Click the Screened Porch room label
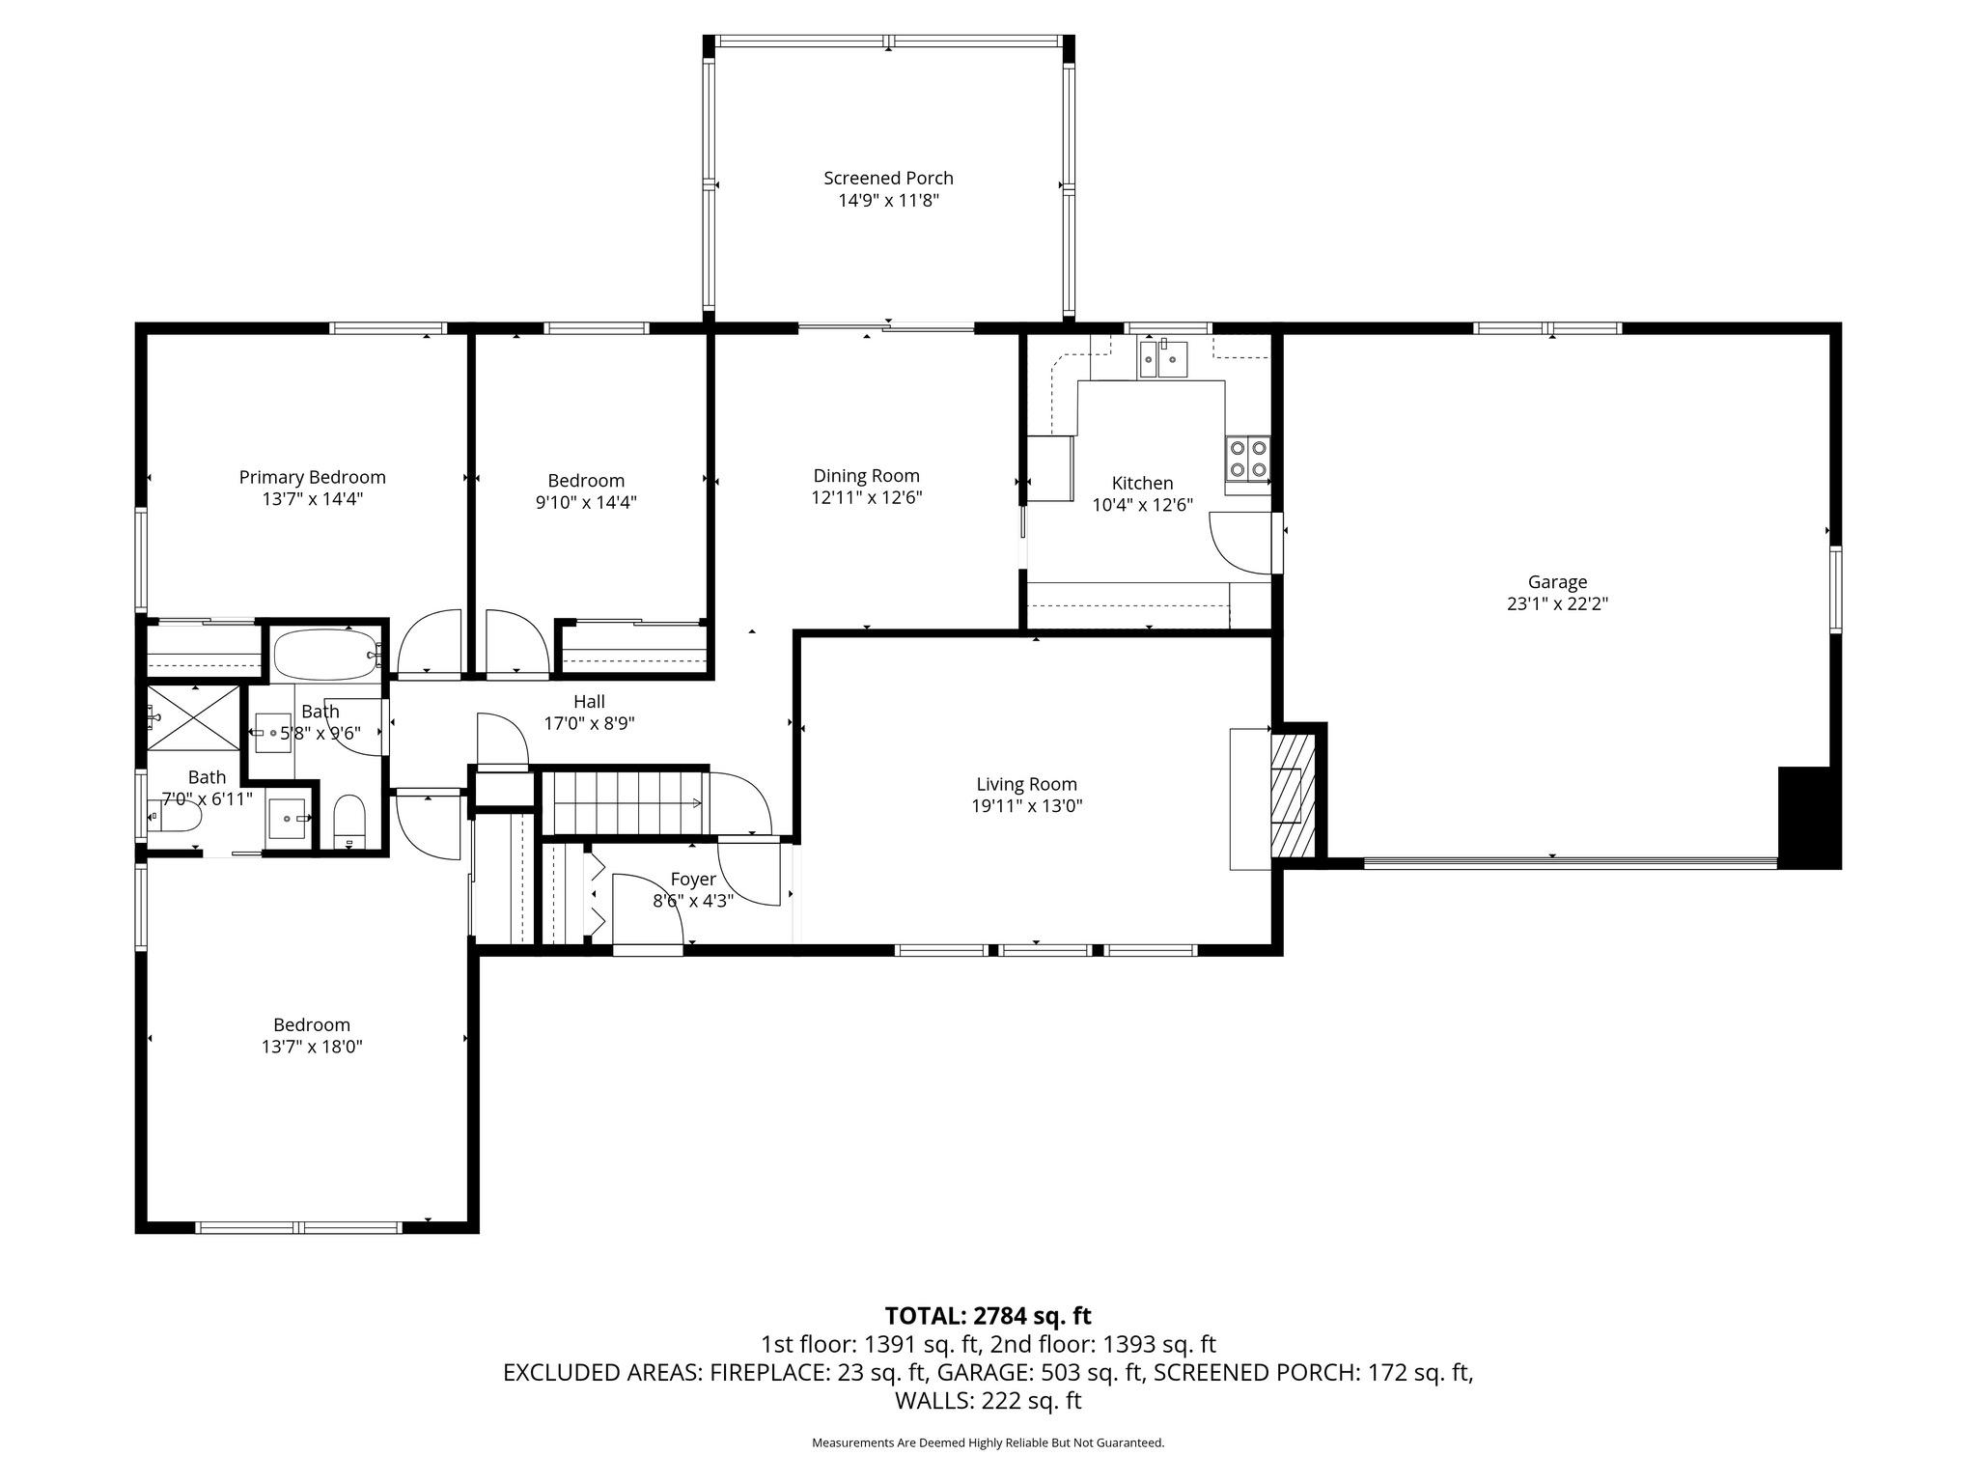(888, 178)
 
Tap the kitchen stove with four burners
(1247, 459)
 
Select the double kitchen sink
(1163, 358)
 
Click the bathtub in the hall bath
(325, 654)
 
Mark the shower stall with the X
(194, 716)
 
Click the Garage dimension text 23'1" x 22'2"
(1557, 604)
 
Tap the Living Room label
(1026, 784)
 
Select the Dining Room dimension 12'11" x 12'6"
(866, 498)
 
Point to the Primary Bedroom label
(312, 477)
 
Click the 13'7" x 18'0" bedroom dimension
(311, 1047)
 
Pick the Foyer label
(693, 879)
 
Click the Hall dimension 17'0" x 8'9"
(589, 723)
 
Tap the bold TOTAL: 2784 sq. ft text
(988, 1316)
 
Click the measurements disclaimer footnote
(988, 1442)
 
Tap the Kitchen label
(1142, 483)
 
